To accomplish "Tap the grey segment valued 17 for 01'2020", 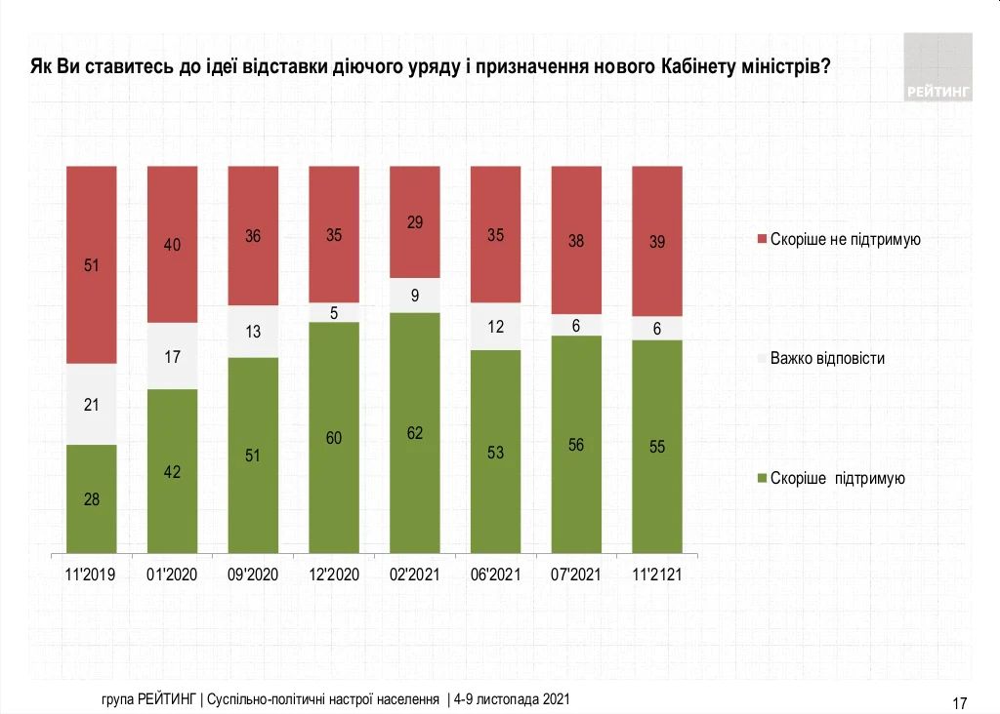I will (x=172, y=356).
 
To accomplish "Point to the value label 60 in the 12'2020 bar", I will (x=334, y=439).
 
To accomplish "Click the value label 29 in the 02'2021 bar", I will (x=415, y=223).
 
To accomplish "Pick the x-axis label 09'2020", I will (x=253, y=575).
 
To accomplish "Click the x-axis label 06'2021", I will (x=495, y=575).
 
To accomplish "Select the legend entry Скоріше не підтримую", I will (x=846, y=239).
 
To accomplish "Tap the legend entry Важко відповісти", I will (x=827, y=358).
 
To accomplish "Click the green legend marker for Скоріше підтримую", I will (x=762, y=479).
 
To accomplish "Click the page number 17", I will (x=959, y=702).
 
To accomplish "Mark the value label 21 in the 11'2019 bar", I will (x=91, y=404).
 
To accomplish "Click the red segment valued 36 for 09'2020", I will (x=253, y=236).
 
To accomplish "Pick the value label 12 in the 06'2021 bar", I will (x=495, y=327).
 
